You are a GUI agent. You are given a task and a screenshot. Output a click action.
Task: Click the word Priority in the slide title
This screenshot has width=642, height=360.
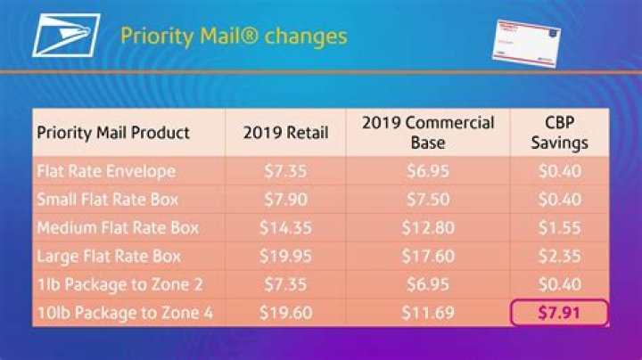click(x=152, y=37)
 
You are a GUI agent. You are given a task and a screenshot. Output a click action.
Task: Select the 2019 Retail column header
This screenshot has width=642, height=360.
click(x=286, y=133)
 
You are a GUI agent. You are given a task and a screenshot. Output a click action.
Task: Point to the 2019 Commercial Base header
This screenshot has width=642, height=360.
click(x=428, y=132)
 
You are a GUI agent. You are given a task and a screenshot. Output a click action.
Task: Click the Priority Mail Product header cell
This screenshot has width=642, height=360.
click(x=113, y=133)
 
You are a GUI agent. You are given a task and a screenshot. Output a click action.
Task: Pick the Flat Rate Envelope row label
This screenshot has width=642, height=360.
click(x=106, y=169)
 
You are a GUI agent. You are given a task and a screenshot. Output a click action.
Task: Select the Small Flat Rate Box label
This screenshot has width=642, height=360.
click(x=109, y=198)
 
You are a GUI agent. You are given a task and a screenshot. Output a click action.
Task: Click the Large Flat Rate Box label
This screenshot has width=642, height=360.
click(x=109, y=256)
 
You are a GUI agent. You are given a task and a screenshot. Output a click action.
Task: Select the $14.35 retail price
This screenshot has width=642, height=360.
click(x=286, y=227)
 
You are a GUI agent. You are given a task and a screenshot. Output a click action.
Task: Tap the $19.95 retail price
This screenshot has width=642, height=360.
click(x=286, y=256)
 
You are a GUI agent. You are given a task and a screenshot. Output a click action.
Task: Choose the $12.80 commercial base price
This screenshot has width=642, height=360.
click(x=428, y=227)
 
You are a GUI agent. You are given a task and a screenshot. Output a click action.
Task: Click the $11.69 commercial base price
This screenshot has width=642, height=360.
click(x=428, y=313)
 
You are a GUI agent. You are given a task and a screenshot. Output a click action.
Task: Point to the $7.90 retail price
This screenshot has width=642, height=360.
click(x=286, y=198)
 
